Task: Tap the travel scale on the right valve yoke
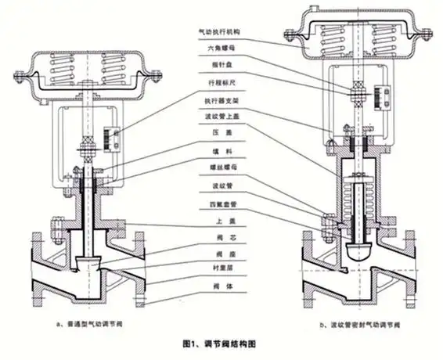(384, 100)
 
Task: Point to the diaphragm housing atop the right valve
(359, 38)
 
